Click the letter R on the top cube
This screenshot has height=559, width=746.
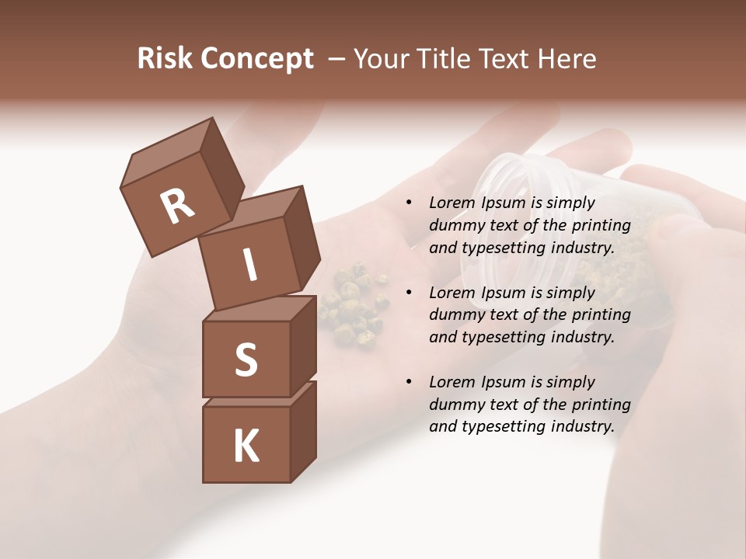[x=178, y=207]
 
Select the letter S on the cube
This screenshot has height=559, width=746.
[x=246, y=359]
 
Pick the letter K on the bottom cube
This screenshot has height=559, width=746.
[x=246, y=446]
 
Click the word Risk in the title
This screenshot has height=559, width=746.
[x=164, y=58]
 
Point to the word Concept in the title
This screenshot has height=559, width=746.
[x=256, y=59]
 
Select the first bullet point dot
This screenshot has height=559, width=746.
[x=408, y=203]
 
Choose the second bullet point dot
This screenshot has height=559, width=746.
[x=408, y=293]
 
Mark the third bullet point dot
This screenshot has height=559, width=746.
[x=408, y=383]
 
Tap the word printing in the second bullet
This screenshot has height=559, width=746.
[x=601, y=315]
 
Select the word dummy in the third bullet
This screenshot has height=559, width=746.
[x=455, y=404]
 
